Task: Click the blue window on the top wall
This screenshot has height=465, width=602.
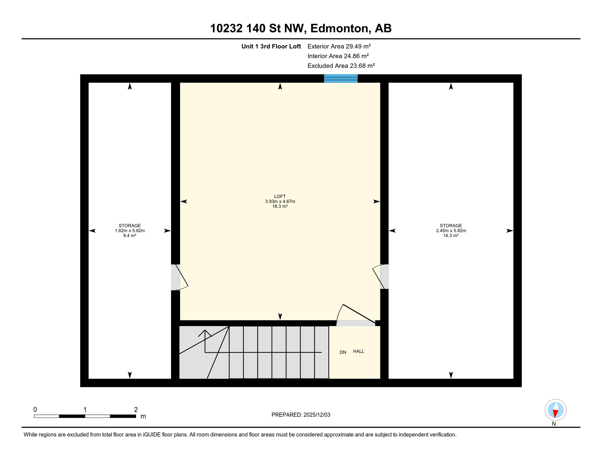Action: tap(341, 78)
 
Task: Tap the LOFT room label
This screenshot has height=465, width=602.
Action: tap(280, 196)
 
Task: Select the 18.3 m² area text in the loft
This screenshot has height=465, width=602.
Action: tap(280, 206)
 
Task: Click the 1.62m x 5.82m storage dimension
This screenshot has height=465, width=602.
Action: tap(130, 231)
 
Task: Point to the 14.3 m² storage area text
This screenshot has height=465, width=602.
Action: tap(451, 236)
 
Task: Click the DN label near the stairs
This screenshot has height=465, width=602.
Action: tap(343, 352)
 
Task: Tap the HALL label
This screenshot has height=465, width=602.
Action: tap(359, 351)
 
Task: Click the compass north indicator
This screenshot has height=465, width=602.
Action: tap(555, 410)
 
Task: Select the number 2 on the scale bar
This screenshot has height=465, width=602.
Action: tap(136, 410)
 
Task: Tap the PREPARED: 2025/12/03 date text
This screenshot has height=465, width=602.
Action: tap(301, 415)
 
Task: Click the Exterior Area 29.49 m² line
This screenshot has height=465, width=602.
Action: tap(339, 46)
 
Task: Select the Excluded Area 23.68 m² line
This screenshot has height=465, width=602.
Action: tap(341, 66)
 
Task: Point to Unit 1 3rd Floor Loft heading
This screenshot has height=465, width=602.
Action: tap(271, 46)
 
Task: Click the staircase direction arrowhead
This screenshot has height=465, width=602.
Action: tap(205, 332)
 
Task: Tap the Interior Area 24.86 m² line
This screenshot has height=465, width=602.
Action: tap(338, 56)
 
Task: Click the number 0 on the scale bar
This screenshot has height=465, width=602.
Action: tap(35, 410)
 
